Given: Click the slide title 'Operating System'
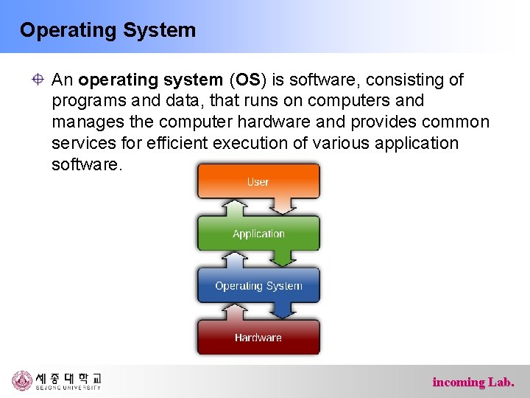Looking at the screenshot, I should pos(107,30).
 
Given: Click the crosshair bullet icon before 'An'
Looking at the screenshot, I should pos(37,80).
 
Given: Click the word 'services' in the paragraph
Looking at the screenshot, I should pos(80,143).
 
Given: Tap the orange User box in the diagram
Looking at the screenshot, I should pos(258,181).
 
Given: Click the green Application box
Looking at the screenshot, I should pos(258,234).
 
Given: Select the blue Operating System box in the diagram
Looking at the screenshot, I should pos(258,286).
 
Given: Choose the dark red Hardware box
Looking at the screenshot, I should pos(258,338).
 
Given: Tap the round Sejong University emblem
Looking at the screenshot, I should pos(22,381).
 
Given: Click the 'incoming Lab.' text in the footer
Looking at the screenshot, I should pos(473,382).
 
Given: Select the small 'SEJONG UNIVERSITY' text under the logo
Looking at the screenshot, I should pos(68,388).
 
